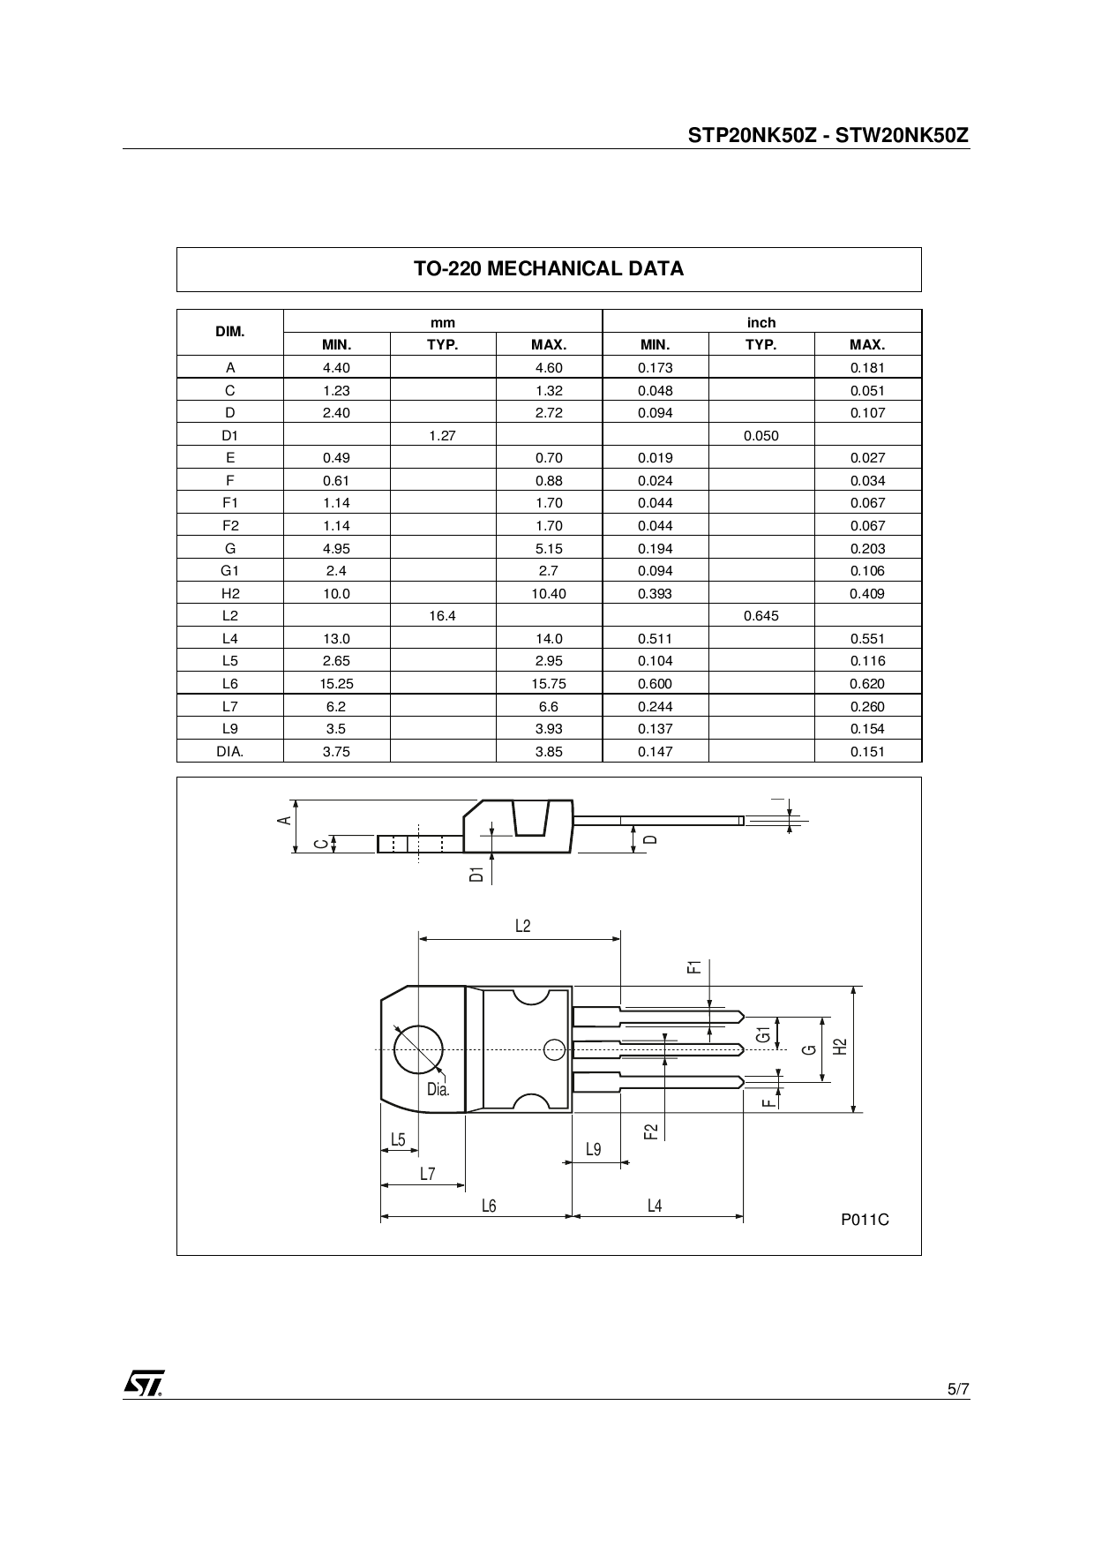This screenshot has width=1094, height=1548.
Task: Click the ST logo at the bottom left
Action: point(143,1383)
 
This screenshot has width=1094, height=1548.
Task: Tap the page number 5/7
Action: point(958,1389)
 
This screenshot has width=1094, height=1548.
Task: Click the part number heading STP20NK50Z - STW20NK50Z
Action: point(828,135)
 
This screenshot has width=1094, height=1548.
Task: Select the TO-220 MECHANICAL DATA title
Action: point(549,269)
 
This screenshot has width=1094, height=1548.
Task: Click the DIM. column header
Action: point(230,333)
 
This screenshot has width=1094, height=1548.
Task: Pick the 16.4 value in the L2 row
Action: point(442,616)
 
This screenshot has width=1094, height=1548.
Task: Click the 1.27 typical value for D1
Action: point(442,435)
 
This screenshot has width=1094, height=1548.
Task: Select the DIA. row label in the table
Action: point(230,752)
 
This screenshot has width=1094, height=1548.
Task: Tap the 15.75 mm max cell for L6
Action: point(549,684)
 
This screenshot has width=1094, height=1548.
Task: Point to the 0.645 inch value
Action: point(761,616)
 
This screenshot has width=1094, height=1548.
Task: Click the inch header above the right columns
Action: point(761,322)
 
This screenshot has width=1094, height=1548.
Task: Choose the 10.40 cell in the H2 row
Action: point(549,594)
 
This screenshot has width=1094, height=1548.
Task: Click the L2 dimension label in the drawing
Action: point(522,926)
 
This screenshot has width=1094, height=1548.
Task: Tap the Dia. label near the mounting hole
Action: point(438,1089)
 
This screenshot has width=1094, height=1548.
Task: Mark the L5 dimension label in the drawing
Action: point(398,1139)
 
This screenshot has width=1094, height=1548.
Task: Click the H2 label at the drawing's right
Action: point(841,1047)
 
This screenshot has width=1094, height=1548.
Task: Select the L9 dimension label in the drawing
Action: point(594,1149)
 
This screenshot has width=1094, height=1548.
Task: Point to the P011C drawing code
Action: point(865,1220)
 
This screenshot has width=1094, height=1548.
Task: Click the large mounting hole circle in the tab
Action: point(418,1049)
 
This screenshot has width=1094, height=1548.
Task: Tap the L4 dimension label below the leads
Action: point(655,1206)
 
